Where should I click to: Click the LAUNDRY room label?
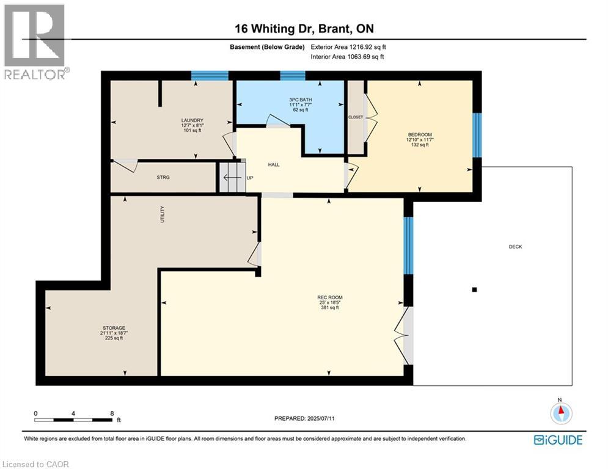[192, 120]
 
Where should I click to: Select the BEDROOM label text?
[420, 135]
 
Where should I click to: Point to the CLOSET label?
[355, 117]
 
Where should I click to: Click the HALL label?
[274, 165]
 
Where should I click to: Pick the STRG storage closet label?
[163, 177]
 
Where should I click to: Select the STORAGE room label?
[114, 328]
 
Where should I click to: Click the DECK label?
[515, 247]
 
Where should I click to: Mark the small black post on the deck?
[474, 290]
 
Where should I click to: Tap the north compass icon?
[560, 413]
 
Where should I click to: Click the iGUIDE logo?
[558, 440]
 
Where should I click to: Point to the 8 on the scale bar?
[112, 413]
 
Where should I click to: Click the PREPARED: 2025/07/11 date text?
[304, 418]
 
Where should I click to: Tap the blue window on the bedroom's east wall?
[478, 135]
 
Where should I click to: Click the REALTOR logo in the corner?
[35, 42]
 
